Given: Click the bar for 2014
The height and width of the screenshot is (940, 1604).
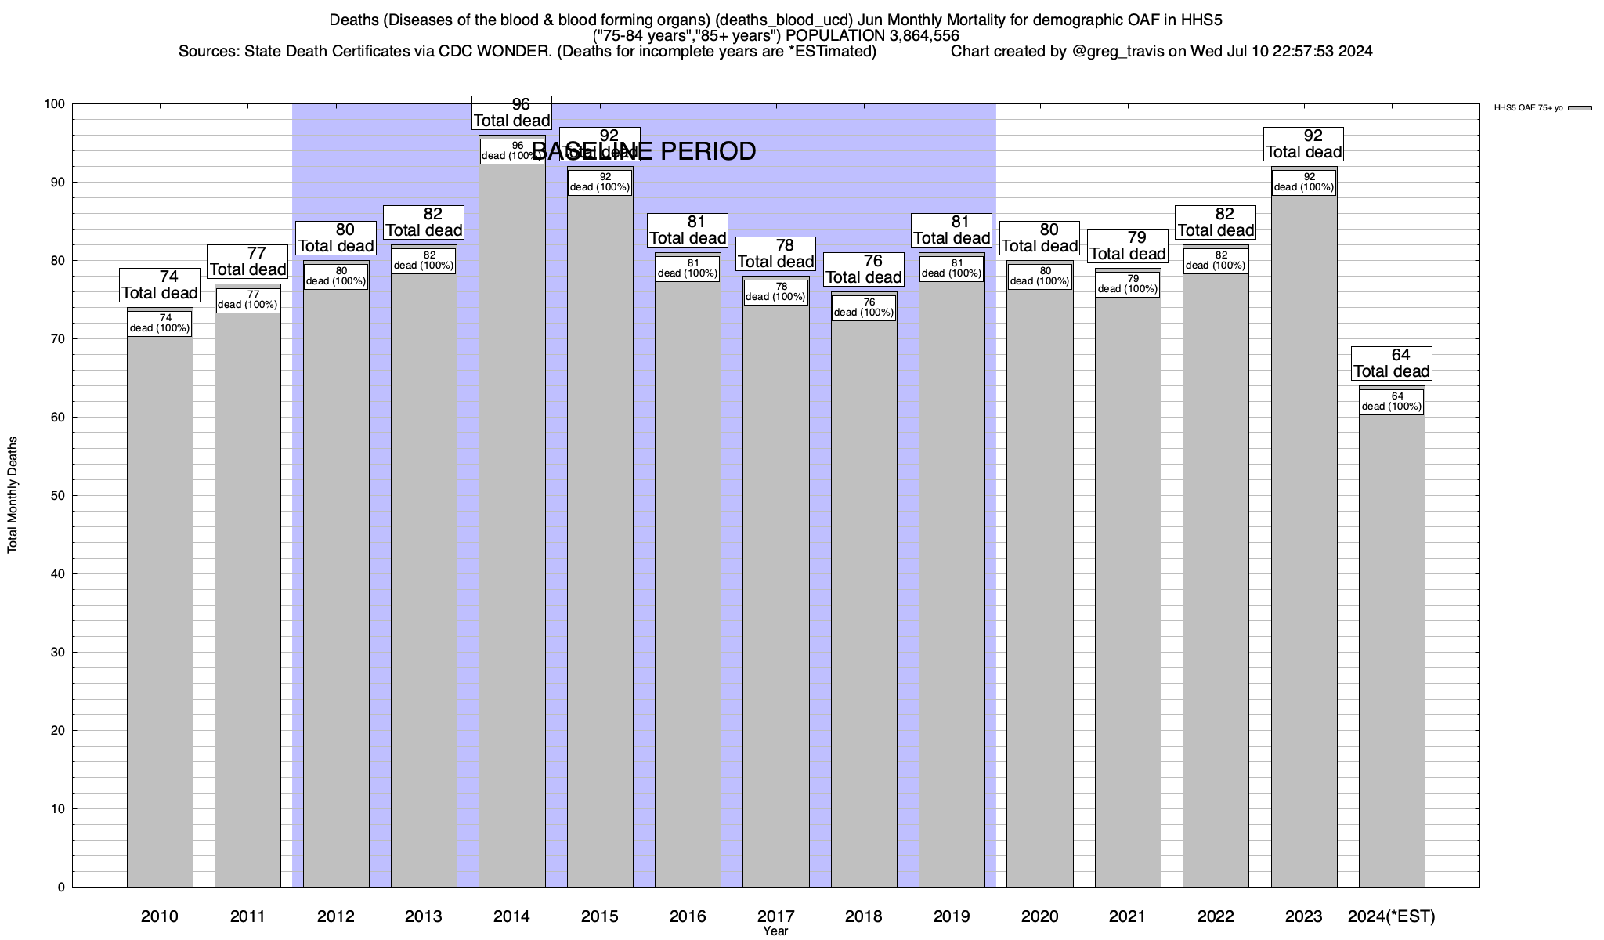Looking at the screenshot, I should coord(511,525).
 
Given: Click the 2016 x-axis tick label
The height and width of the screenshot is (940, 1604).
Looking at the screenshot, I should coord(688,916).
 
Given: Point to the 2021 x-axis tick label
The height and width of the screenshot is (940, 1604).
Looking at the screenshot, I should coord(1127,916).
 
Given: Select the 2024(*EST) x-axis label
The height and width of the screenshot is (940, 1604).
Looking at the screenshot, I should coord(1391,916).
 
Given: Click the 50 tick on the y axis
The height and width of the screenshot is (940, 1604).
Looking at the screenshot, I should coord(59,496).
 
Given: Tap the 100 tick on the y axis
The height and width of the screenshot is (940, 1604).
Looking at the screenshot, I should coord(55,104).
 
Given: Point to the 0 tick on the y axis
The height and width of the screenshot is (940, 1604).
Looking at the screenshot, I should coord(61,888).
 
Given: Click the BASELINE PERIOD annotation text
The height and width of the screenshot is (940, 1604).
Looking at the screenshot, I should coord(644,151).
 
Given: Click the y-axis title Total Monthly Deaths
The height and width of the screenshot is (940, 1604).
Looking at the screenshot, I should coord(13,495).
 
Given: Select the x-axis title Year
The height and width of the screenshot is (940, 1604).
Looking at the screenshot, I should coord(775,931).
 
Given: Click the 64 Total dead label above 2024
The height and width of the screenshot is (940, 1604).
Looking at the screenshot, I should coord(1392,363).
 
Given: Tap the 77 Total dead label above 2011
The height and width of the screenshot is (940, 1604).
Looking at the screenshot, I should coord(248,262).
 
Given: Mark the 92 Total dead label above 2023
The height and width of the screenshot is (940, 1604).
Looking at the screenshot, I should coord(1304,144).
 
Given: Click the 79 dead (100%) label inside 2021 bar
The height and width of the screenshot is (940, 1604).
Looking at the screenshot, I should coord(1127,284).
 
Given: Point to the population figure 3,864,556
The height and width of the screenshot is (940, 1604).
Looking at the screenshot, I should coord(915,36).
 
